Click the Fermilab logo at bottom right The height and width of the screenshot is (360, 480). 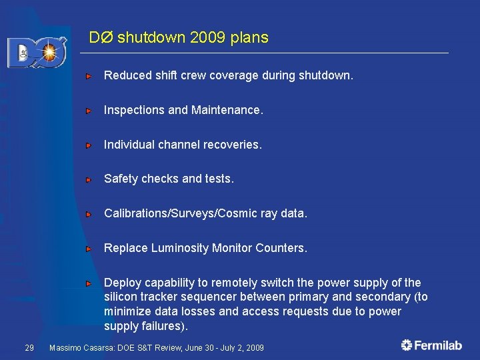(431, 345)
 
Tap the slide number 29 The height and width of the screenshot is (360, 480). (29, 347)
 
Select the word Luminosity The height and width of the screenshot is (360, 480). (180, 248)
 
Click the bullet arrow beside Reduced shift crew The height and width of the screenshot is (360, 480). (88, 77)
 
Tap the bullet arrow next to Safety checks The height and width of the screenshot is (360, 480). (88, 180)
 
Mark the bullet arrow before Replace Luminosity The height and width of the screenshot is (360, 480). (88, 249)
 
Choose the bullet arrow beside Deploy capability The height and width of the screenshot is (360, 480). (88, 283)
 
